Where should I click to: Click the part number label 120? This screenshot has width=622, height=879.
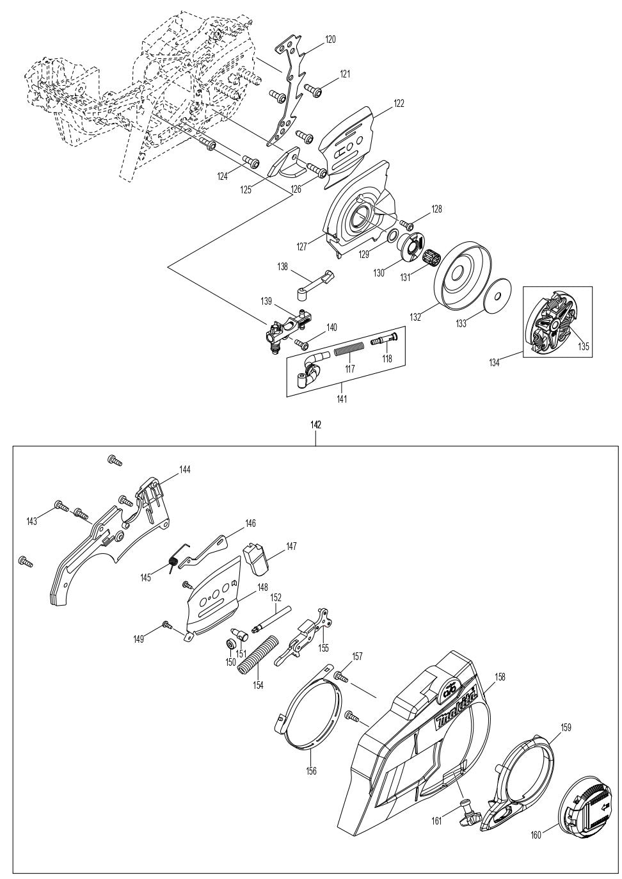click(x=330, y=40)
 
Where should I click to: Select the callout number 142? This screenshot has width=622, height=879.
click(x=315, y=425)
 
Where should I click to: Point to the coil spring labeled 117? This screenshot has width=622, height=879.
click(x=349, y=351)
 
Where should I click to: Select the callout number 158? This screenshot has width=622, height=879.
click(x=500, y=677)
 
